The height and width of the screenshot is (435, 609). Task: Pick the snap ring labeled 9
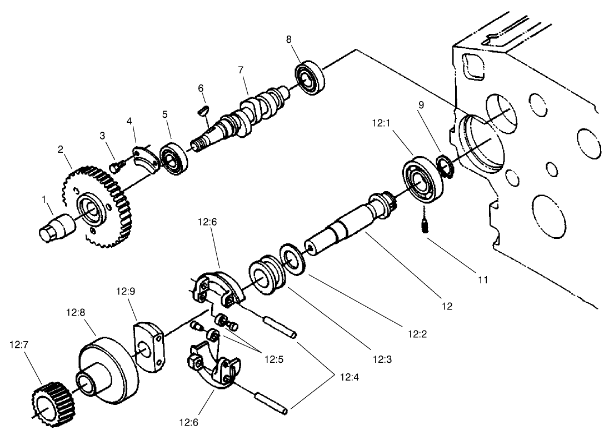point(445,166)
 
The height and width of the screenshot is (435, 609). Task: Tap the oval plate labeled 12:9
point(148,345)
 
